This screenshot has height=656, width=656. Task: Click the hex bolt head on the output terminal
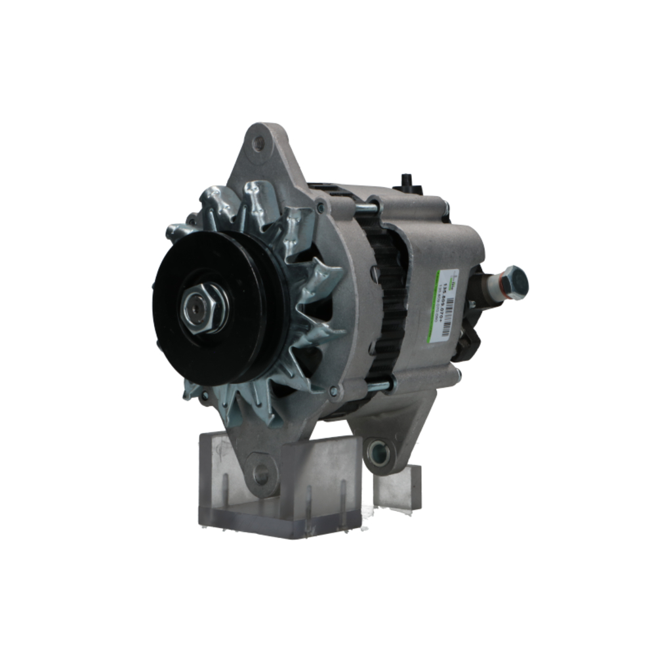(x=516, y=282)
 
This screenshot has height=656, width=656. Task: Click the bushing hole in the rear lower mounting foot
(x=379, y=449)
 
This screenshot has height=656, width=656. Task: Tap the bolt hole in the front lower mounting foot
(x=262, y=472)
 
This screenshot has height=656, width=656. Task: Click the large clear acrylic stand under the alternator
(x=282, y=492)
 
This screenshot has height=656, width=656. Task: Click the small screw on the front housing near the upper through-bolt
(x=319, y=208)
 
